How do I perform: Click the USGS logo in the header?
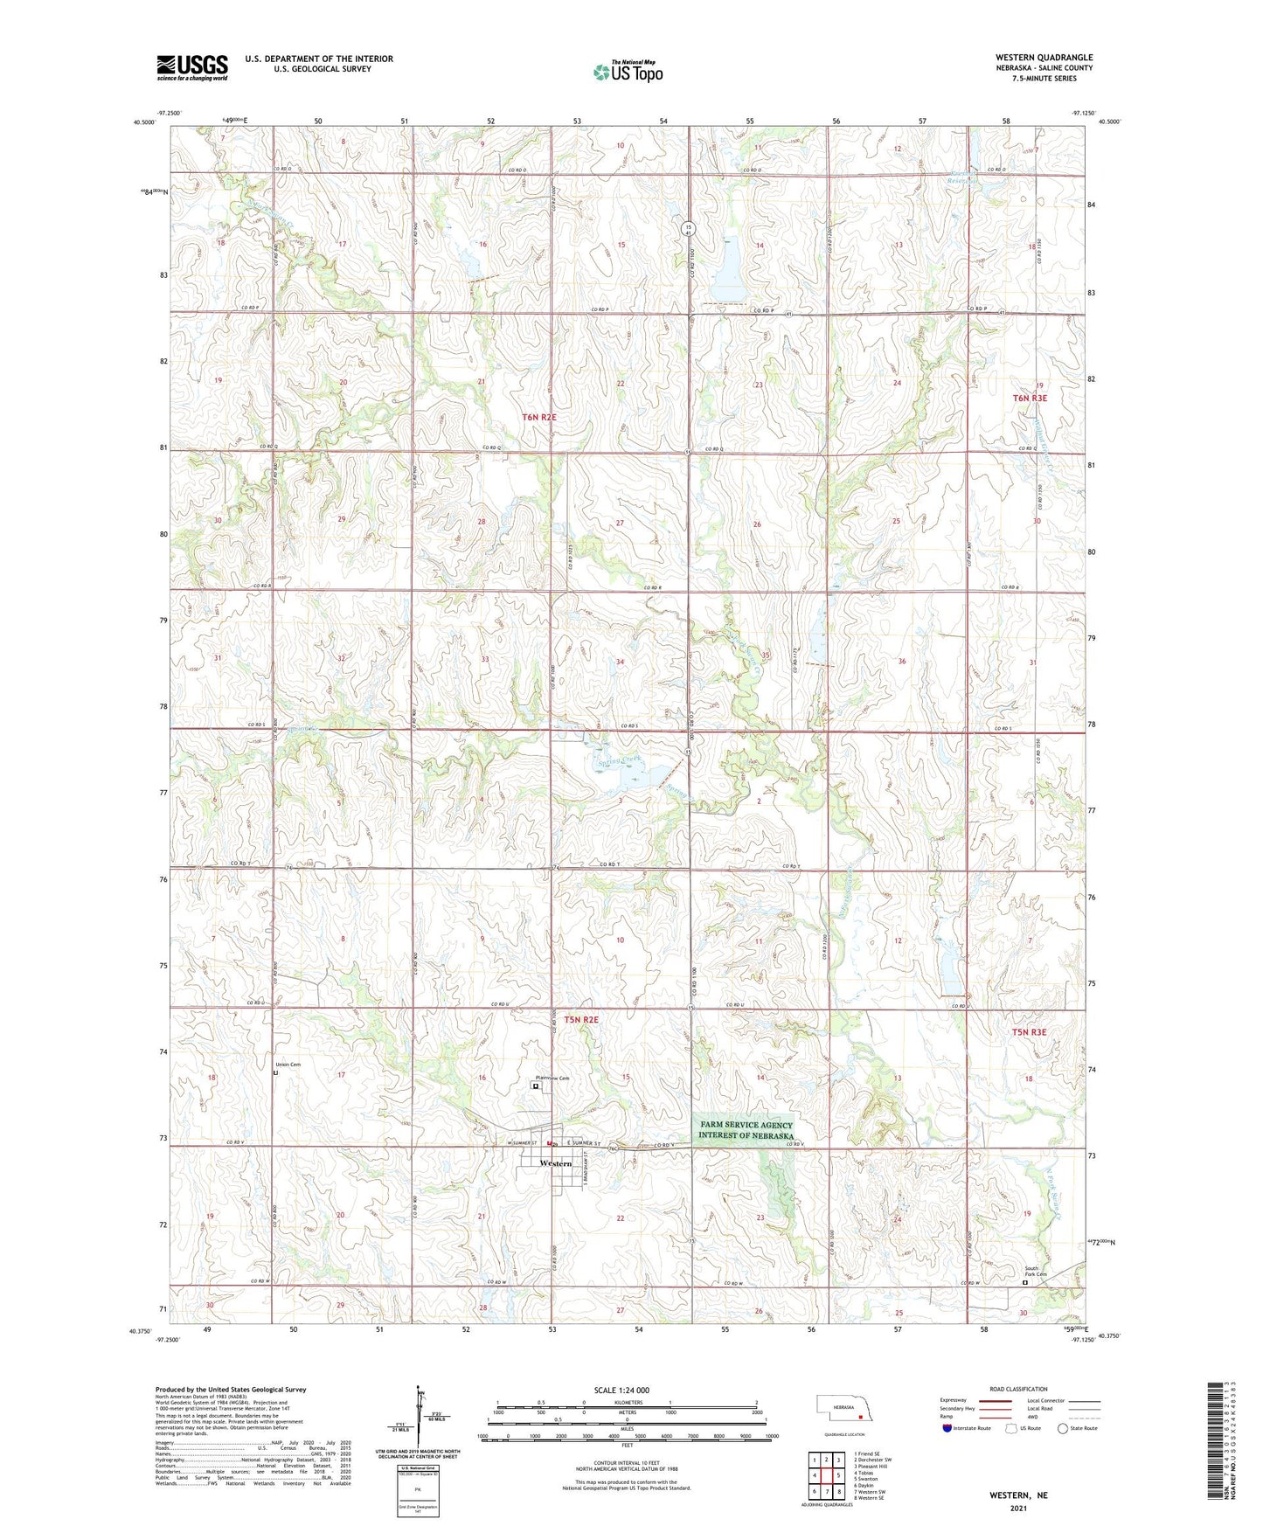[x=192, y=67]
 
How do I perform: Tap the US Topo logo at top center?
[x=627, y=72]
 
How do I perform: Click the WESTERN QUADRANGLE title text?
[x=1043, y=58]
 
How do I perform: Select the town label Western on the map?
[x=556, y=1164]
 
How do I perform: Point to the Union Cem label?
[x=288, y=1065]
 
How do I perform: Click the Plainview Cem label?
[x=552, y=1079]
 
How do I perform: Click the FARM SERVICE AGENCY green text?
[x=746, y=1126]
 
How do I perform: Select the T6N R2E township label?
[x=539, y=418]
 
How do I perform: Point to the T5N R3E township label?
[x=1029, y=1032]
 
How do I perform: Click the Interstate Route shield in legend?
[x=948, y=1428]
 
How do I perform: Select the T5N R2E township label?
[x=580, y=1020]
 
